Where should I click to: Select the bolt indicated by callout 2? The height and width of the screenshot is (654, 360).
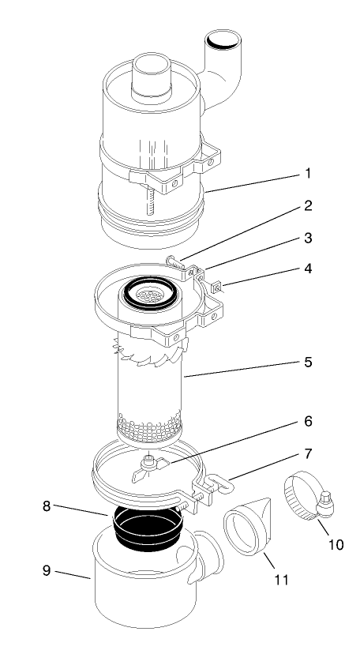179,261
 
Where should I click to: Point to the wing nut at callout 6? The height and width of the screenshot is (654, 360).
148,467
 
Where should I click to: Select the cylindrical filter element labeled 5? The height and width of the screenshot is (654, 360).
149,387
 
